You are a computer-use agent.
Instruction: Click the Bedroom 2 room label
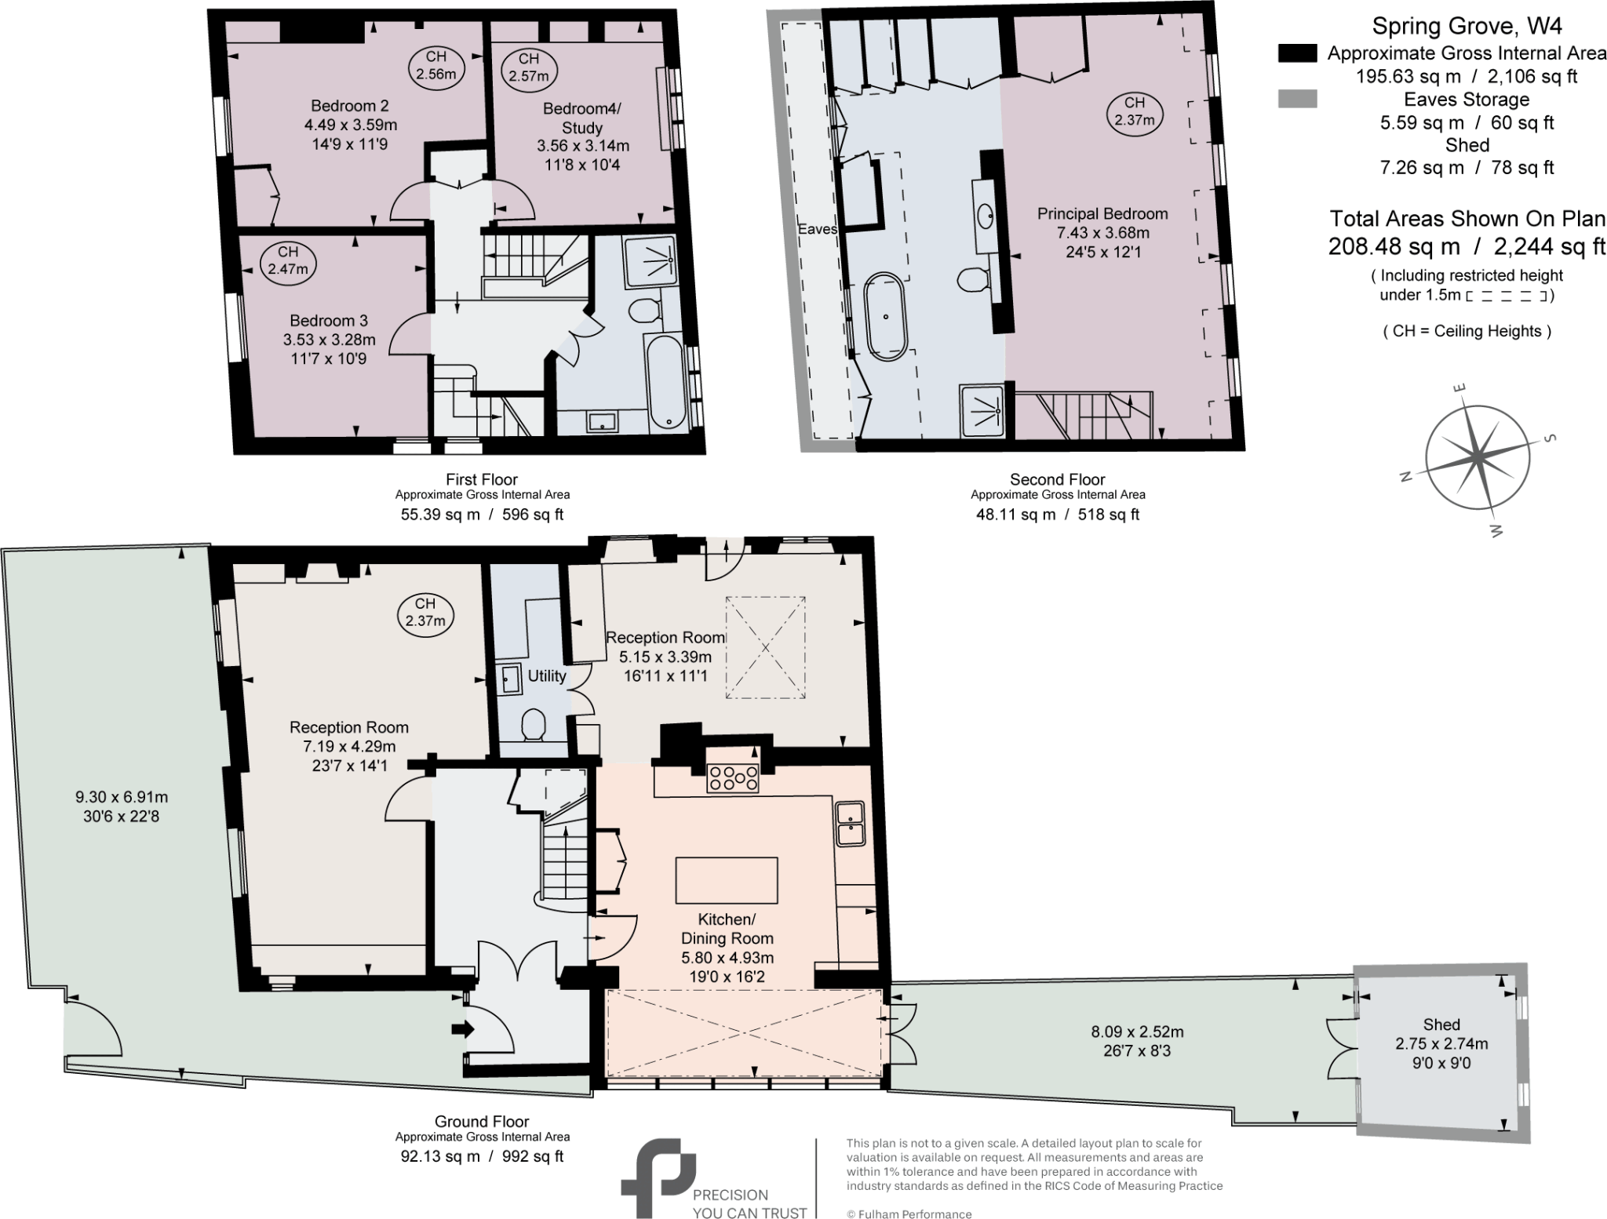[349, 106]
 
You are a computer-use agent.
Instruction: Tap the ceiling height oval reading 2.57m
[528, 67]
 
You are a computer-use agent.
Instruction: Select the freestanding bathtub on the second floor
[886, 316]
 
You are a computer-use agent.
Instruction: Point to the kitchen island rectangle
[727, 880]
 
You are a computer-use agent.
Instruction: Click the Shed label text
[1441, 1024]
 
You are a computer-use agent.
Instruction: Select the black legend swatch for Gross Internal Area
[1298, 53]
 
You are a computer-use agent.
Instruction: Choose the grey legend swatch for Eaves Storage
[1298, 100]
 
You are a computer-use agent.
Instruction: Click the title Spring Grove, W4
[1466, 27]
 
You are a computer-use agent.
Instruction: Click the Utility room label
[547, 675]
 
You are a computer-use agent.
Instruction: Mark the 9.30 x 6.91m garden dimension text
[122, 797]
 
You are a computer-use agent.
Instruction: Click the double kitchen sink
[850, 823]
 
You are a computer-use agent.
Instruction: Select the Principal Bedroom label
[1102, 213]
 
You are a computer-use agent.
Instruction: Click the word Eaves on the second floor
[818, 229]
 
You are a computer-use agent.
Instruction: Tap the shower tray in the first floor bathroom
[650, 259]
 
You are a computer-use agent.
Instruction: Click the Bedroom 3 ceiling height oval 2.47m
[288, 260]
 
